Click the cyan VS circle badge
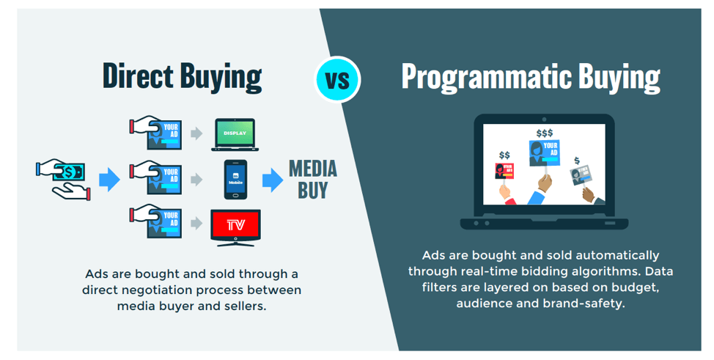click(337, 79)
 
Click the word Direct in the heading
click(138, 76)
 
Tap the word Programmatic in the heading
click(486, 77)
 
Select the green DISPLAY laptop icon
click(235, 135)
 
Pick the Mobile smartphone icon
click(235, 180)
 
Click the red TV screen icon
click(235, 227)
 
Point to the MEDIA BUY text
click(313, 179)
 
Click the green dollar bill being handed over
click(68, 172)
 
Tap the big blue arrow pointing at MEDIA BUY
click(273, 180)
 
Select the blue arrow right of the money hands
click(109, 180)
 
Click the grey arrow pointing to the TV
click(196, 224)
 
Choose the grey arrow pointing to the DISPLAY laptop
click(196, 133)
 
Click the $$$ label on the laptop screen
click(545, 133)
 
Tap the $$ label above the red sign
click(504, 155)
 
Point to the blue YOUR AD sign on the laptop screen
click(544, 153)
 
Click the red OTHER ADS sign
click(504, 171)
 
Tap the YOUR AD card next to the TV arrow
click(164, 223)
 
